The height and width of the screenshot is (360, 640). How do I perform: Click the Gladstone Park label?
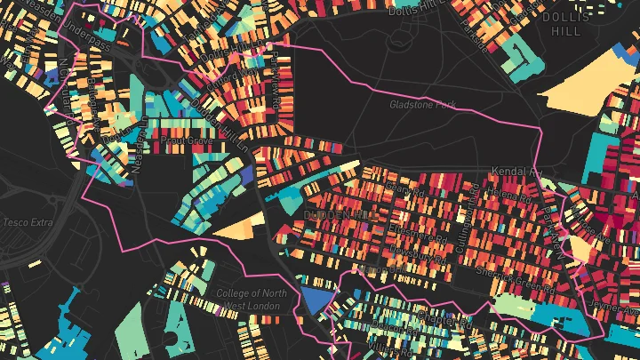click(421, 105)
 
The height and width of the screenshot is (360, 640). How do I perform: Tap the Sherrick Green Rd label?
click(516, 282)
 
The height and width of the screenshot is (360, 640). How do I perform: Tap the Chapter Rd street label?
click(442, 316)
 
